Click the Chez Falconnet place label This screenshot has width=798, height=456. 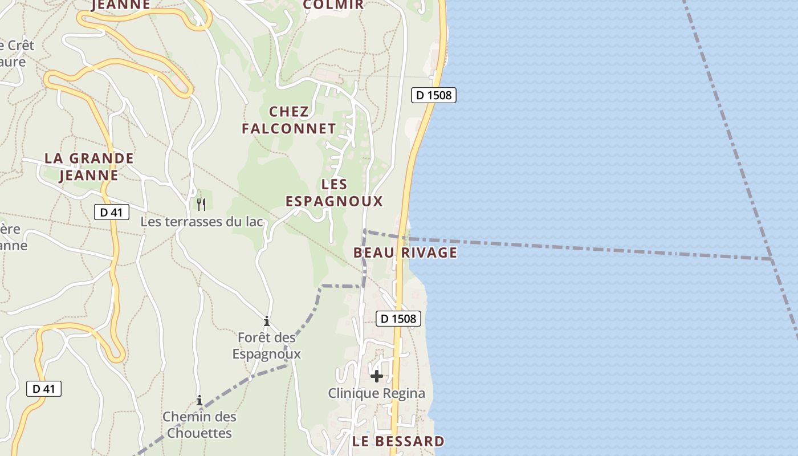288,120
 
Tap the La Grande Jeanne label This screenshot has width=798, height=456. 89,166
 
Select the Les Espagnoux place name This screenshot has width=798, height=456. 334,193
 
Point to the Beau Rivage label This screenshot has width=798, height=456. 405,253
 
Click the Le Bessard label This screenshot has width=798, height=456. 398,441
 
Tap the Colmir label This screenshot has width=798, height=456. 333,5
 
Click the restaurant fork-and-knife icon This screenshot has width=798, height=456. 201,204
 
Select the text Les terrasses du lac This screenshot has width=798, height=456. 202,222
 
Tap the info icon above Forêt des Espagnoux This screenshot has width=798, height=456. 266,321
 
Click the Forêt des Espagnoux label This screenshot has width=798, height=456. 267,345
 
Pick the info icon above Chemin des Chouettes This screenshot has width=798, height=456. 199,400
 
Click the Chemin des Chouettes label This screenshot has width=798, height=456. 199,425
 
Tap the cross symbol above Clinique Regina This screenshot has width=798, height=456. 376,376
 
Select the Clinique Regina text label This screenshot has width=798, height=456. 376,393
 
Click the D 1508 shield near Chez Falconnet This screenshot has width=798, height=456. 434,95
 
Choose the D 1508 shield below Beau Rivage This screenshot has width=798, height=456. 398,319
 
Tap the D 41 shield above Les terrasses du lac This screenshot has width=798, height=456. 112,213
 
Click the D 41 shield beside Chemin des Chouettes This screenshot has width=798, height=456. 44,389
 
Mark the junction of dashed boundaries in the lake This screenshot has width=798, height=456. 771,259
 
